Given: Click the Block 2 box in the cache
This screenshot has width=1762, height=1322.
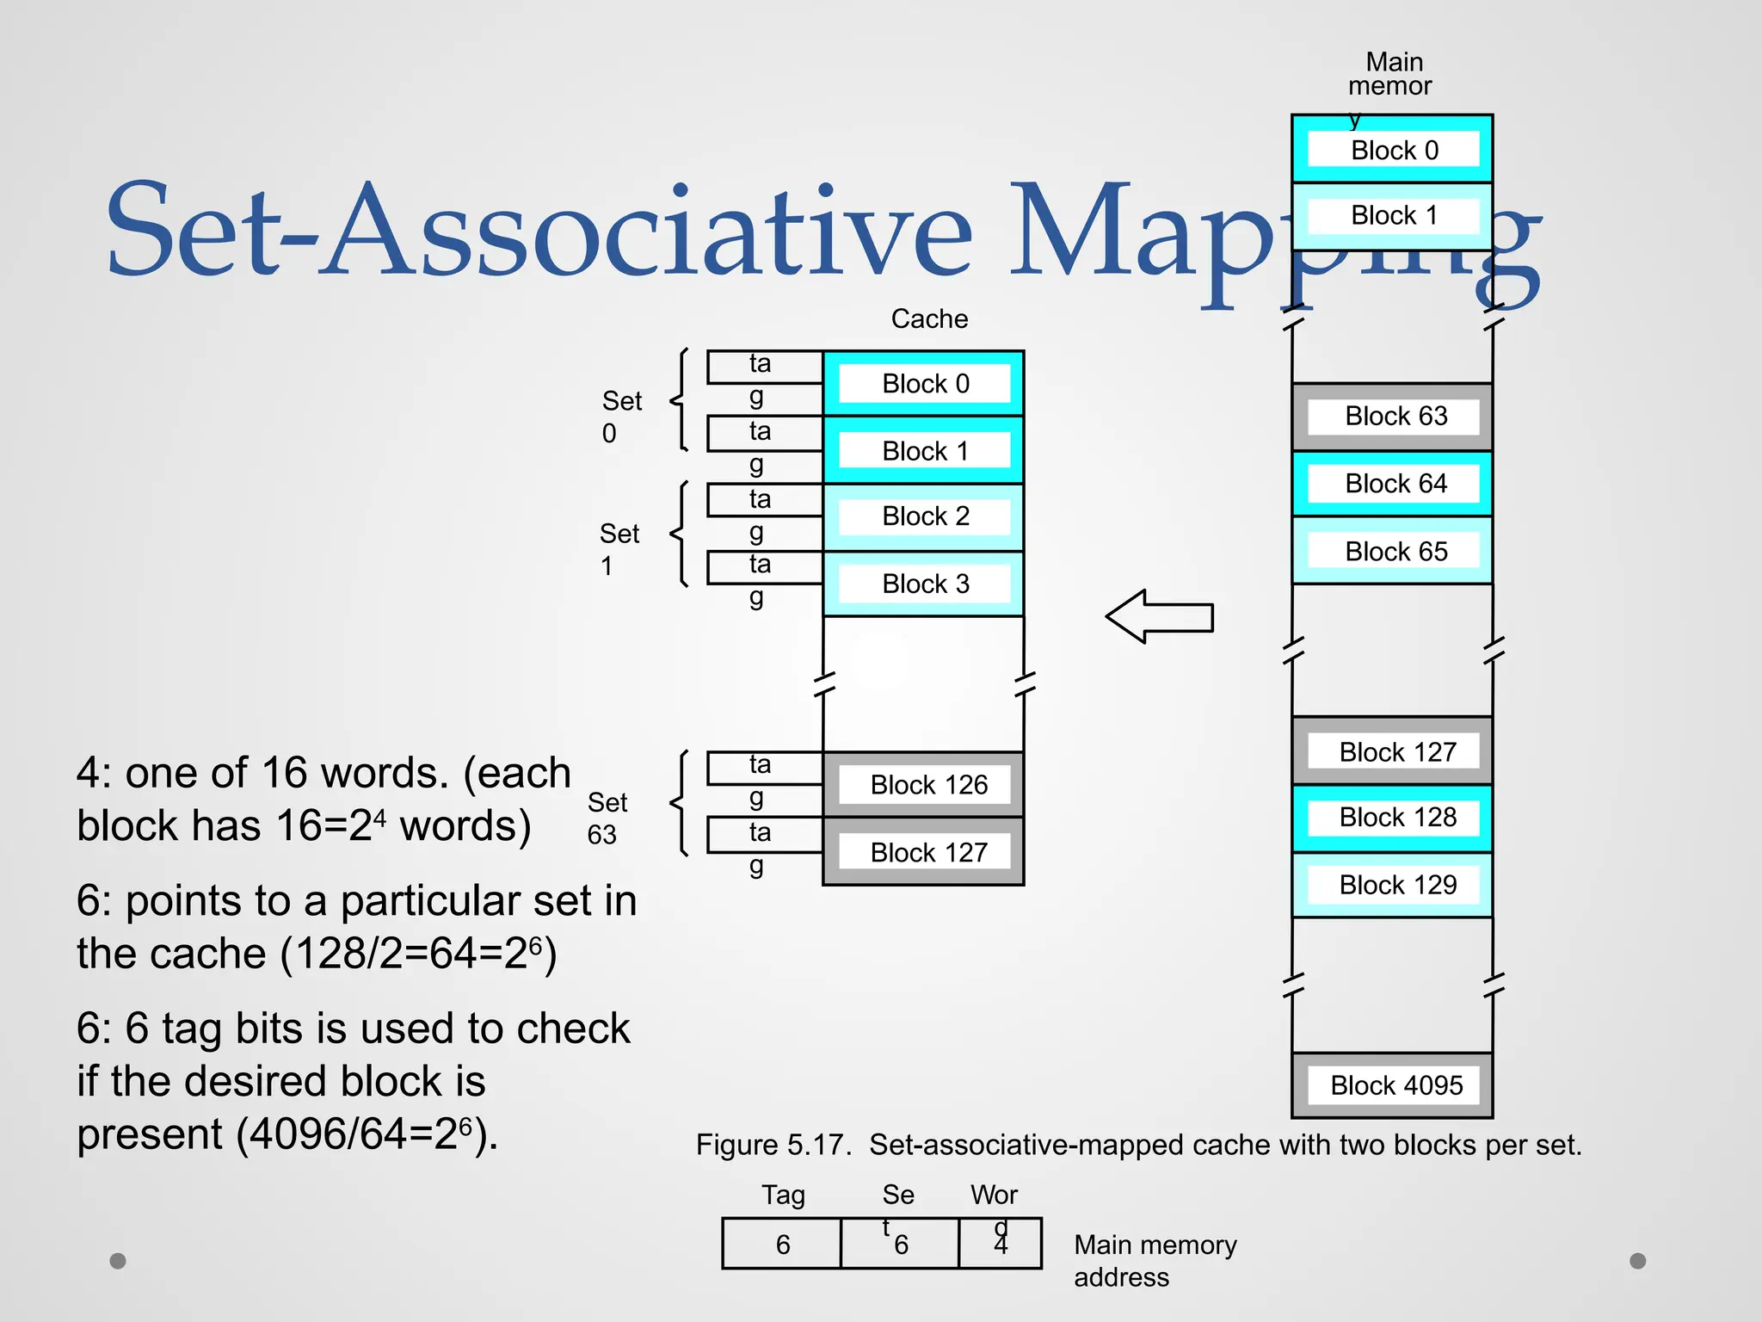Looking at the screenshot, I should point(924,516).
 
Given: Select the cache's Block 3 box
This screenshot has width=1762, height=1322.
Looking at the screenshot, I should point(924,584).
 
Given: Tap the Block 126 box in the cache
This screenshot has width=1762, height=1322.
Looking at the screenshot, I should point(924,784).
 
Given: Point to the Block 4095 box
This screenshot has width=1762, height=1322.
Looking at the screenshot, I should point(1393,1085).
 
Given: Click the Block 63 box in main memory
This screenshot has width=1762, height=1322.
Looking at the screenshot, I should point(1393,417).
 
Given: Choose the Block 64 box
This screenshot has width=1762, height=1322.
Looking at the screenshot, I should point(1393,484).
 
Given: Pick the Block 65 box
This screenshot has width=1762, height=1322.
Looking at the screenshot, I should point(1393,551).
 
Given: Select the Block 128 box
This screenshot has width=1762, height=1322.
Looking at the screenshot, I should point(1393,818).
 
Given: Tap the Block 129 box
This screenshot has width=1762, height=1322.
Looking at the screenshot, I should point(1393,885).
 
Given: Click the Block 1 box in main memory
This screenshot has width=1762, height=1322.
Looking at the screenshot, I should point(1393,215).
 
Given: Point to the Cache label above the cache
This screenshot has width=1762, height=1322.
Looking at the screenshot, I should point(929,319).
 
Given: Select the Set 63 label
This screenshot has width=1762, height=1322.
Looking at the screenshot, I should point(607,819).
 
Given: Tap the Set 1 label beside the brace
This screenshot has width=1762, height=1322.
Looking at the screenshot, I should point(619,549).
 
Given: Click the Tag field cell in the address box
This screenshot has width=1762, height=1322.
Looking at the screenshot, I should point(781,1244).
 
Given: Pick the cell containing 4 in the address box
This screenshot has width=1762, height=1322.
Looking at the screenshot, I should point(1001,1244).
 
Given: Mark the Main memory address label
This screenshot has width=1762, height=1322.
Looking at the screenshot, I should point(1155,1261).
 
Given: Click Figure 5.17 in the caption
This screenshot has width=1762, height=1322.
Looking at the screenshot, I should point(773,1146).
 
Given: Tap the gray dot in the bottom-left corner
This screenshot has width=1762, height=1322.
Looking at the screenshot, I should point(118,1261).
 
